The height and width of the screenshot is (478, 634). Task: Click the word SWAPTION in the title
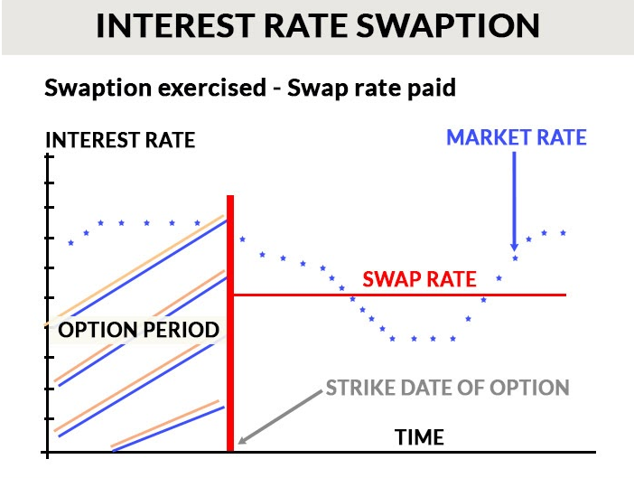pos(448,25)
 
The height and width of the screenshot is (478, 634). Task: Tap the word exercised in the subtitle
pos(212,88)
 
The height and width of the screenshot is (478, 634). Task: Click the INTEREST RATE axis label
pos(120,140)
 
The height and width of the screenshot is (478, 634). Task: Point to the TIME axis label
pos(419,437)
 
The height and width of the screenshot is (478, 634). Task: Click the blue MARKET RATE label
pos(517,137)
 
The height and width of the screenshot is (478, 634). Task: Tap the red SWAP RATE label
pos(419,279)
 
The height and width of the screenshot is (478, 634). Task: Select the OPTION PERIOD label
pos(138,330)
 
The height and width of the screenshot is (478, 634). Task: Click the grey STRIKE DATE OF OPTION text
pos(448,388)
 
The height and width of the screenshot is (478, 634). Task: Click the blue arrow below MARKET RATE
pos(514,202)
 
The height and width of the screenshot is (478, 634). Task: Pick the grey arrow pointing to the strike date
pos(280,417)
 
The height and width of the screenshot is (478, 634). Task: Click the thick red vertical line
pos(230,323)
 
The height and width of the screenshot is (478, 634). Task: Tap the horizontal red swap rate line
pos(400,295)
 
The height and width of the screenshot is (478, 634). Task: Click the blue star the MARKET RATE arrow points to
pos(515,258)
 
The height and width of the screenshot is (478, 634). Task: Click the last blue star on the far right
pos(563,232)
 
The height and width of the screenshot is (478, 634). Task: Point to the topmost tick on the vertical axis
pos(49,156)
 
